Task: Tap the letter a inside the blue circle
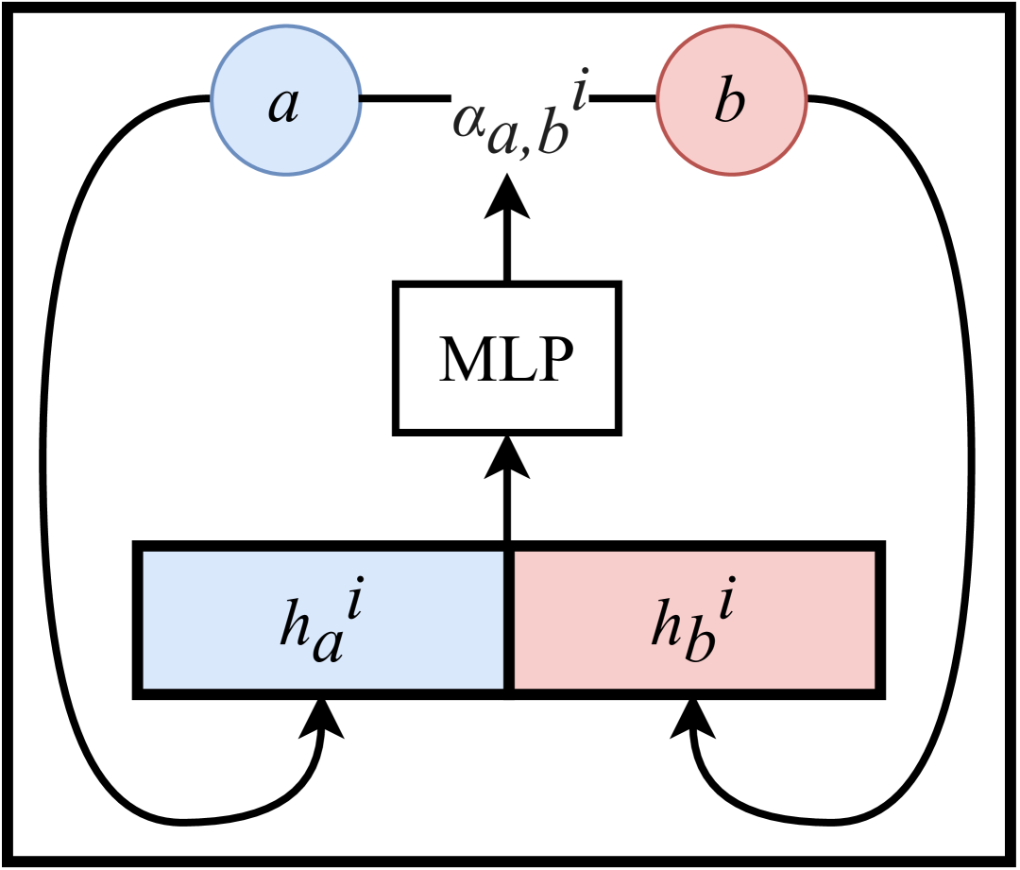point(283,104)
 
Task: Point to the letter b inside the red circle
point(729,100)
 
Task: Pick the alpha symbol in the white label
point(468,119)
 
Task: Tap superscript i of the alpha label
point(580,92)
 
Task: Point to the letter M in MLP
point(464,360)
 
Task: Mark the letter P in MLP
point(553,360)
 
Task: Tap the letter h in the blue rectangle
point(295,624)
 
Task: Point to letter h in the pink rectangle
point(666,624)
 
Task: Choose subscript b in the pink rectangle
point(699,642)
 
